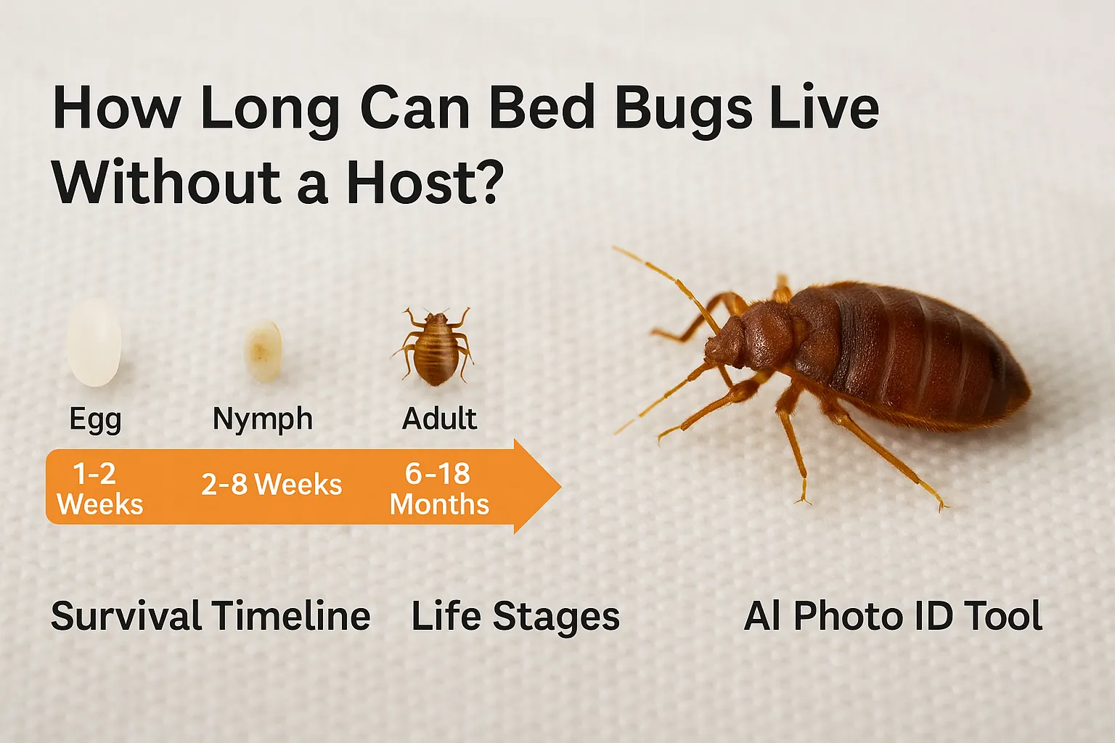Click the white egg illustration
point(94,342)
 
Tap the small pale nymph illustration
point(263,350)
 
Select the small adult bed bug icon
point(435,346)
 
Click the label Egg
point(95,419)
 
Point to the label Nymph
point(263,419)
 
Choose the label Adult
point(439,419)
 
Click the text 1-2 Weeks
point(99,488)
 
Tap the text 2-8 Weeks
point(271,484)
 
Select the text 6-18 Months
point(439,488)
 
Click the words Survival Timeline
point(211,616)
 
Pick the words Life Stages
point(515,616)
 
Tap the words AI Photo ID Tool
point(893,616)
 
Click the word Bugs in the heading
point(683,109)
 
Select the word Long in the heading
point(269,109)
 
